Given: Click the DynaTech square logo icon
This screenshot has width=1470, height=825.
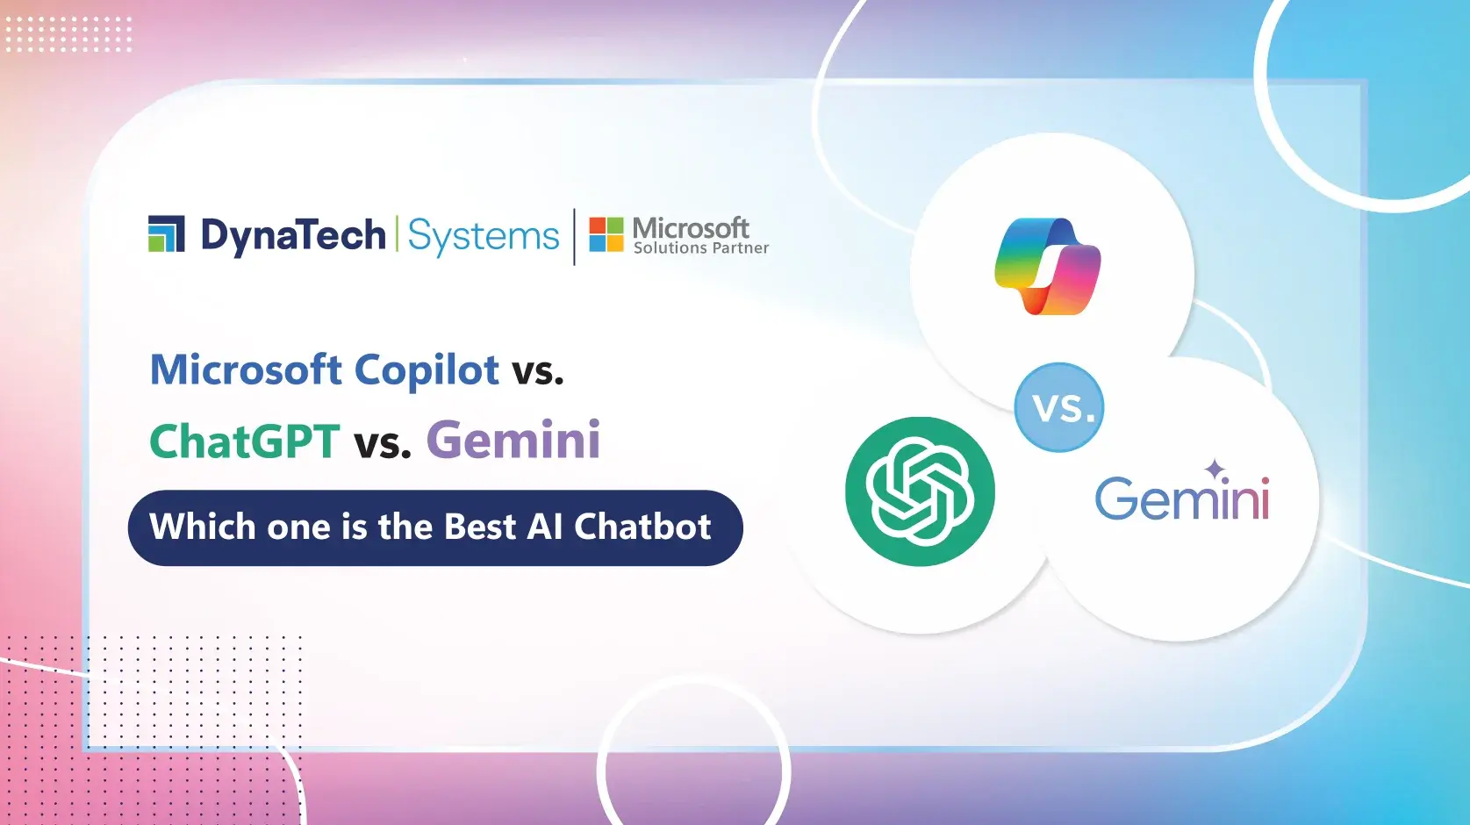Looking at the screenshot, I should click(166, 233).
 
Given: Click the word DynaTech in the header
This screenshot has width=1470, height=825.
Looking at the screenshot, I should click(293, 235).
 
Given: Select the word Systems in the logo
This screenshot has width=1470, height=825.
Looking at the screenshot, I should click(483, 236).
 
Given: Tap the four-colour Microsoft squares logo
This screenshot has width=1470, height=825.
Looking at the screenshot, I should click(606, 234).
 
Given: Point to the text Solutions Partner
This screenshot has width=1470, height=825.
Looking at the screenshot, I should click(700, 248).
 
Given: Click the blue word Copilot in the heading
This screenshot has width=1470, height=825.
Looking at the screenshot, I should click(427, 370).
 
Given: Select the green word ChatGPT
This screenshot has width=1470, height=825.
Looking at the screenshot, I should click(244, 441).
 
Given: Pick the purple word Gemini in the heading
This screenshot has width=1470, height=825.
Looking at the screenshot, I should click(513, 440).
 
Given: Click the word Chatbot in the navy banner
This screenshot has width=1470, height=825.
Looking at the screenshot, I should click(642, 527).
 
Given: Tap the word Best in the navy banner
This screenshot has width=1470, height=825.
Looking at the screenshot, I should click(479, 527).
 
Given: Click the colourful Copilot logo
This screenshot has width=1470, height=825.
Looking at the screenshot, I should click(1047, 266).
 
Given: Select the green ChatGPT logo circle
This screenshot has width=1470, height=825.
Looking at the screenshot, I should click(920, 491).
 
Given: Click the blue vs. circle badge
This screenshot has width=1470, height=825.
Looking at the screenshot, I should click(1059, 408).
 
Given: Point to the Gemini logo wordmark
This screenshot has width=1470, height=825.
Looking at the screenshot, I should click(1181, 499).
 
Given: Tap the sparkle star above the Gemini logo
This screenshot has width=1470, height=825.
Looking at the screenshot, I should click(1215, 470).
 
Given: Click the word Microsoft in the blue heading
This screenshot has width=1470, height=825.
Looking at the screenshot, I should click(246, 370).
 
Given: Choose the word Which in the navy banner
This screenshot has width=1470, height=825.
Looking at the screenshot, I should click(202, 527).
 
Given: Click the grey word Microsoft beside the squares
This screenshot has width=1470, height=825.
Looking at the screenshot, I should click(691, 228).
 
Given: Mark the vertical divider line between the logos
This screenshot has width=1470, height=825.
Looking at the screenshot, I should click(575, 236).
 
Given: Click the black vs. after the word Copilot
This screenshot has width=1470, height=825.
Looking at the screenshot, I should click(537, 372).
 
